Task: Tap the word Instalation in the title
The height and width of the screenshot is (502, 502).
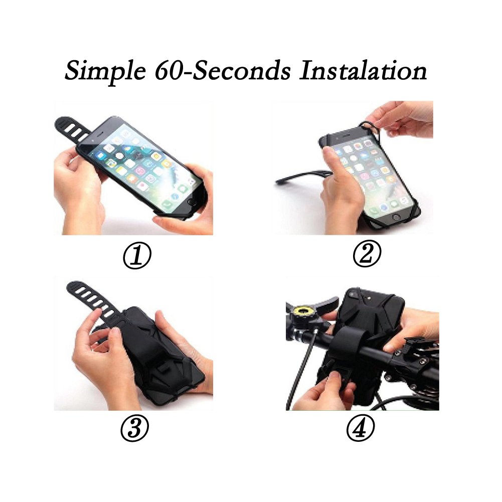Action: tap(363, 71)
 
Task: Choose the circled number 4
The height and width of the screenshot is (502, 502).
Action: tap(361, 428)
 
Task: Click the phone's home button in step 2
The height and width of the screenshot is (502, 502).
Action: tap(398, 217)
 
